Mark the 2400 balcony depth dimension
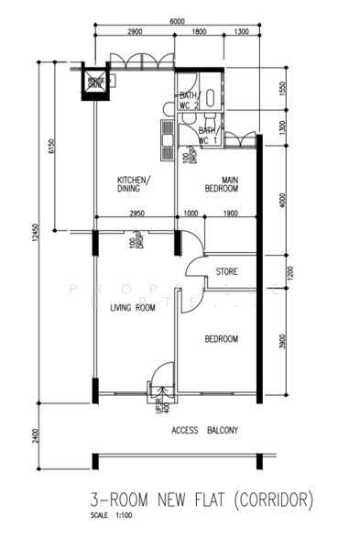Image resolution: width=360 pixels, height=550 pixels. tap(34, 435)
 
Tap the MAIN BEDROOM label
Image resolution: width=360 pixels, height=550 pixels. tap(221, 183)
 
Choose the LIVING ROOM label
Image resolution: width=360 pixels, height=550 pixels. tap(132, 308)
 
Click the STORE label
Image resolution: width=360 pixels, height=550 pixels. tap(226, 272)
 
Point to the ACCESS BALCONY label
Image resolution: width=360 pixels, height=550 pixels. tap(204, 430)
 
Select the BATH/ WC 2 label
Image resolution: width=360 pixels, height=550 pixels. tap(189, 100)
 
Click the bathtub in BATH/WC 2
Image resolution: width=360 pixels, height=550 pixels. tap(212, 95)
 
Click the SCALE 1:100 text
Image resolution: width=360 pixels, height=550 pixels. tap(111, 515)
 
